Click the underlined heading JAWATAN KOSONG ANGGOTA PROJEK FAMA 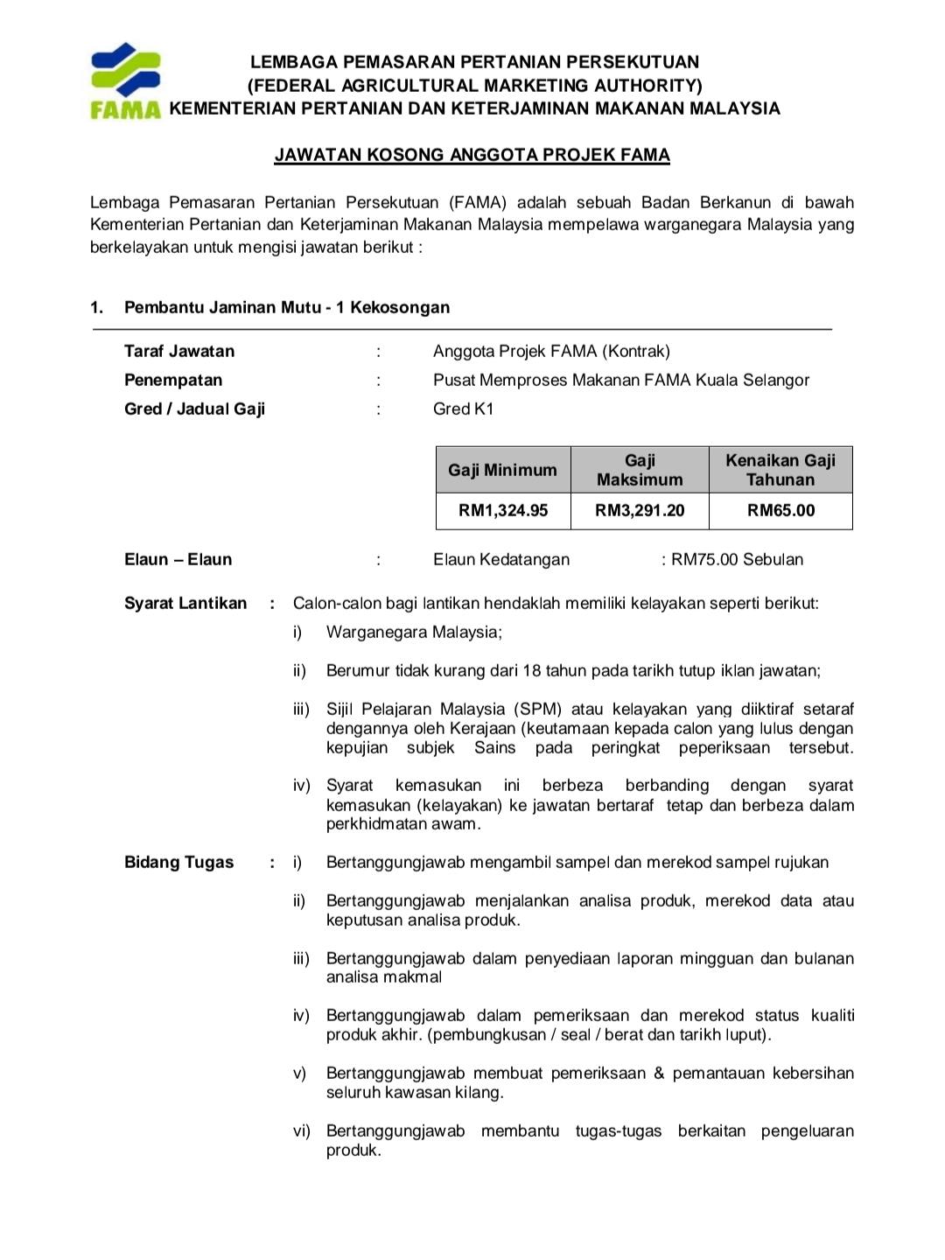point(472,156)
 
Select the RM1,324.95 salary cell point(503,511)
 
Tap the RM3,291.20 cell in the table point(640,511)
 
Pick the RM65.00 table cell point(780,511)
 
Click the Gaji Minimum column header point(503,470)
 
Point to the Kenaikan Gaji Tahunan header point(780,470)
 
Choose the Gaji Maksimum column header point(640,470)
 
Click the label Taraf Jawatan point(179,352)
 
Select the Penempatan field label point(173,381)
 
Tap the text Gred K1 point(463,409)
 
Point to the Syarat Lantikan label point(185,604)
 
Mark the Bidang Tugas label point(179,863)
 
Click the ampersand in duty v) point(659,1074)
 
